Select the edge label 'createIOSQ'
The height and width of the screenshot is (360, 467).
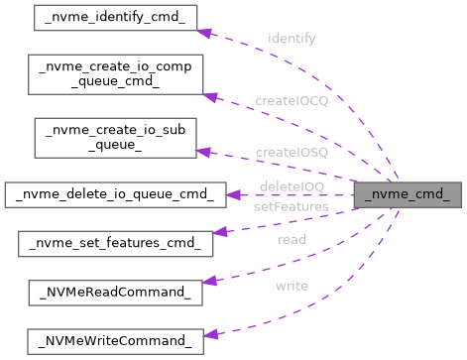pyautogui.click(x=292, y=152)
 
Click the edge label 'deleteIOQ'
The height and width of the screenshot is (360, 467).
pyautogui.click(x=292, y=185)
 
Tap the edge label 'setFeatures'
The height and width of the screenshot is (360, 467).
pyautogui.click(x=288, y=206)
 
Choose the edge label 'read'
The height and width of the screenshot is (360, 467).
pyautogui.click(x=292, y=239)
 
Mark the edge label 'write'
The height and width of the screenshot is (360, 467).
pyautogui.click(x=292, y=286)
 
